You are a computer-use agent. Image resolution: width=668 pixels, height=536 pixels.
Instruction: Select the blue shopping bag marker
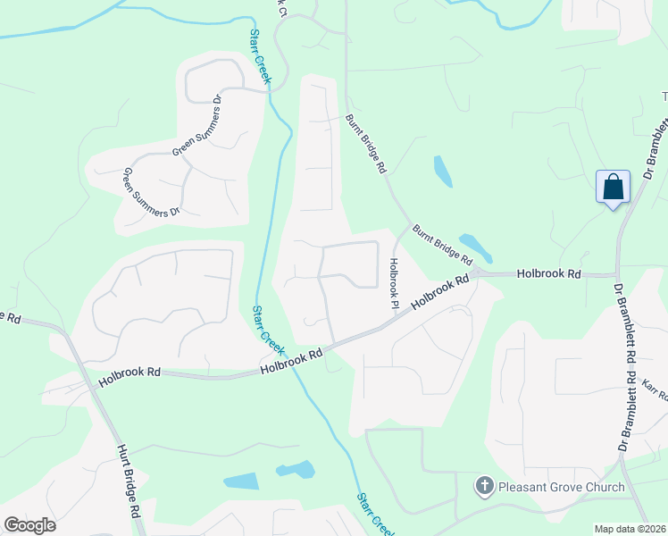(x=613, y=188)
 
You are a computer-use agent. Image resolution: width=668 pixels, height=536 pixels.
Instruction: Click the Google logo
(x=29, y=525)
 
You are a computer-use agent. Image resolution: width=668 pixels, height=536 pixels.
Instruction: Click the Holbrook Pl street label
(x=392, y=284)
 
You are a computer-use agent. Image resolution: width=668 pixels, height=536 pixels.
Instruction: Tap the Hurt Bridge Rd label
(x=129, y=477)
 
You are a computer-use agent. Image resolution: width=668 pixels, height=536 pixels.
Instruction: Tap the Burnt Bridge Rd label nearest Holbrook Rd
(x=442, y=244)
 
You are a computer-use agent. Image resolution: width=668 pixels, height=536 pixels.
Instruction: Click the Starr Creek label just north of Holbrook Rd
(x=267, y=329)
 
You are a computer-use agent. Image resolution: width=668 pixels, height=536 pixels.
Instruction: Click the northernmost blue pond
(x=442, y=171)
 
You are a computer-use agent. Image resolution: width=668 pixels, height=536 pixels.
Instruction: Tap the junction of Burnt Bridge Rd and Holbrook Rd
(x=477, y=272)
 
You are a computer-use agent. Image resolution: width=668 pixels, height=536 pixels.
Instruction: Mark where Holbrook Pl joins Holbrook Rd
(x=386, y=325)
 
